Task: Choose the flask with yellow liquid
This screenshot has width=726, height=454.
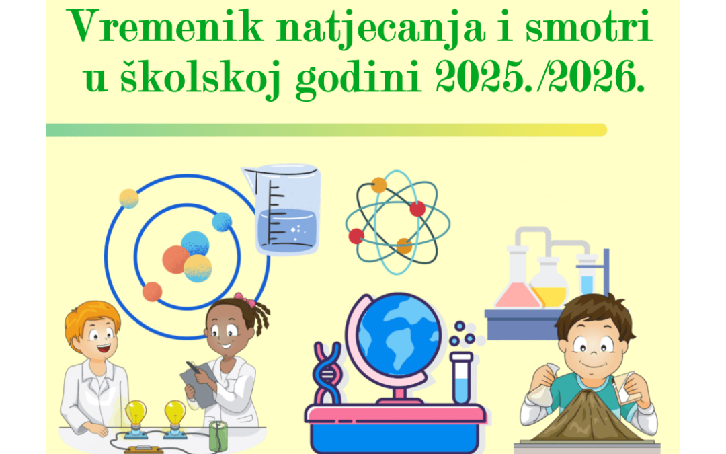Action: (x=549, y=286)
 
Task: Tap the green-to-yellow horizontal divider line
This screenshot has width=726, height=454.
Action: (x=326, y=130)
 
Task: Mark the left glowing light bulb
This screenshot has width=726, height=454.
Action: (x=136, y=412)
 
